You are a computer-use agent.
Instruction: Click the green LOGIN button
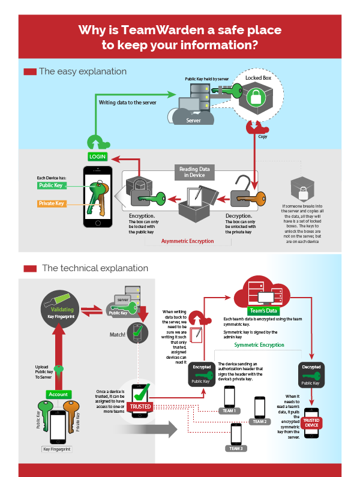coord(97,156)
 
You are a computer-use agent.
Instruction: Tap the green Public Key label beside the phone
coord(51,185)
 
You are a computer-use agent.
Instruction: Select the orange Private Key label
coord(51,203)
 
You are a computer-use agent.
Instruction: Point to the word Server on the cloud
coord(193,120)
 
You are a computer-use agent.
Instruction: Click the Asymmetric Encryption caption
coord(187,241)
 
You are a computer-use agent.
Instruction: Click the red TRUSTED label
coord(140,406)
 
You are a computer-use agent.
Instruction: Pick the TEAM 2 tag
coord(260,422)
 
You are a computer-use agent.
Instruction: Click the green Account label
coord(58,394)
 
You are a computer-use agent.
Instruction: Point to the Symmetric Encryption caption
coord(259,345)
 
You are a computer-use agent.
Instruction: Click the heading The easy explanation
coord(83,71)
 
